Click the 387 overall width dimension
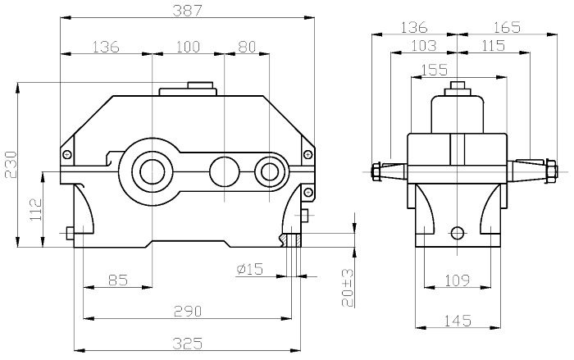[187, 11]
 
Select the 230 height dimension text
[11, 164]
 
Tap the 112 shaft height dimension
[36, 209]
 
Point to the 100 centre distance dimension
[188, 47]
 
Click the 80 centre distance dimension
[247, 47]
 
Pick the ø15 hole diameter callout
[250, 269]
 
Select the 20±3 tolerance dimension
[348, 288]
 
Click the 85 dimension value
[118, 280]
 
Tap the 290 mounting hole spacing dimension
[188, 312]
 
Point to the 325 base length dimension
[188, 344]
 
